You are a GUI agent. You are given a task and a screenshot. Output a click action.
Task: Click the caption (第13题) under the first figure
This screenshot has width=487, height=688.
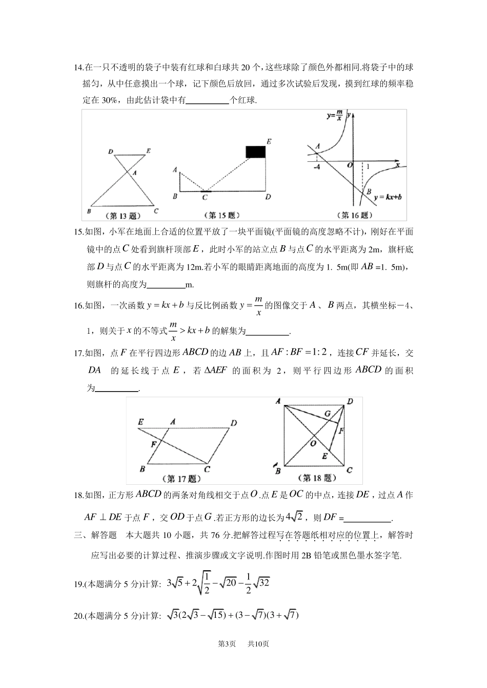pyautogui.click(x=123, y=215)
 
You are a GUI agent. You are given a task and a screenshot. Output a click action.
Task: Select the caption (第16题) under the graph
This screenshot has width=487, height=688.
pyautogui.click(x=354, y=215)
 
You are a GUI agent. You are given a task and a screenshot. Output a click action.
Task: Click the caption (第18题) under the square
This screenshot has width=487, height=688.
pyautogui.click(x=316, y=478)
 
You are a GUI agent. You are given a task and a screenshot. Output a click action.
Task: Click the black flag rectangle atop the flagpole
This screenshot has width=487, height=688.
pyautogui.click(x=256, y=152)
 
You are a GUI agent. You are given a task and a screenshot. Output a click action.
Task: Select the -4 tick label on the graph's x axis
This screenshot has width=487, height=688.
pyautogui.click(x=317, y=167)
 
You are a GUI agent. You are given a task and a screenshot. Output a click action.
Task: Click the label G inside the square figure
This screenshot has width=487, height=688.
pyautogui.click(x=327, y=414)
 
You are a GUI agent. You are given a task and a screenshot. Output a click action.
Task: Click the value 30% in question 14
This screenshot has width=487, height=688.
pyautogui.click(x=110, y=100)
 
